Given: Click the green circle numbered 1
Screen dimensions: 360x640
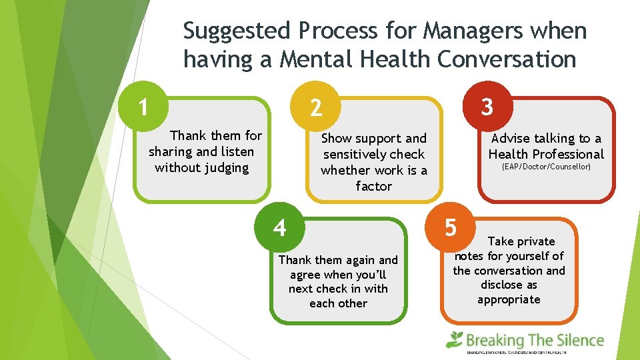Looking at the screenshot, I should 143,105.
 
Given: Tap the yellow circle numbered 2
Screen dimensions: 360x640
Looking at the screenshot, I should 316,107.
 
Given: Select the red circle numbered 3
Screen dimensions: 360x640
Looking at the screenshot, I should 487,106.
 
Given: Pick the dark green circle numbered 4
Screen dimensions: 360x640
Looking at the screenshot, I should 280,227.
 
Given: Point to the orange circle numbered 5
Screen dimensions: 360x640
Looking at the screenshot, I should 451,227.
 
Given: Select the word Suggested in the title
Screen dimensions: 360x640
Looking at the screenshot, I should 237,31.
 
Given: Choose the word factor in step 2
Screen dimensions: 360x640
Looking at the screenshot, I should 374,186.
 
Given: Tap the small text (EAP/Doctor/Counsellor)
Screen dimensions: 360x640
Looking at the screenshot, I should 546,167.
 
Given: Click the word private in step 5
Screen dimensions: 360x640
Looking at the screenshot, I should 533,241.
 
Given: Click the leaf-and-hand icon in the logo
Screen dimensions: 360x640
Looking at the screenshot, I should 455,339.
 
